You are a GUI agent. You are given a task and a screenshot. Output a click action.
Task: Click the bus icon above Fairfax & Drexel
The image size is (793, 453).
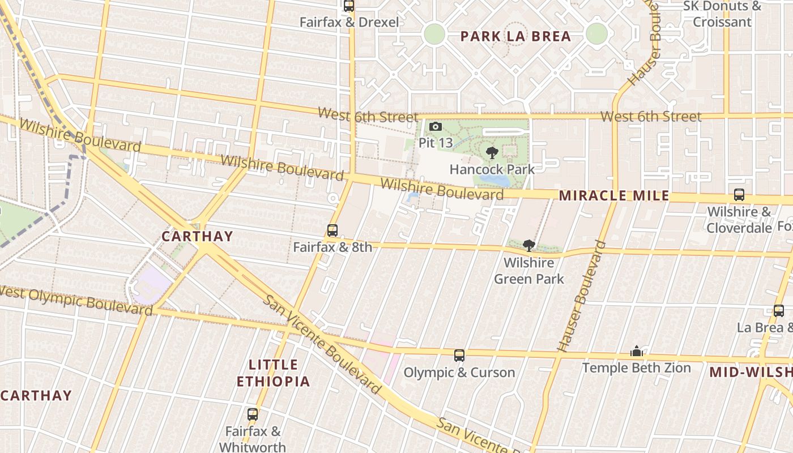[349, 6]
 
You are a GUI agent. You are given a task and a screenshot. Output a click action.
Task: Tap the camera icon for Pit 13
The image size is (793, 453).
[436, 127]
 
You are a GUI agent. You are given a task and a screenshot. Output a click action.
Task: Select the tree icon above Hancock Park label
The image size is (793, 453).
[492, 152]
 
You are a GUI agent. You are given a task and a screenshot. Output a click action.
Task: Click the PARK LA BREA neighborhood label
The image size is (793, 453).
[515, 37]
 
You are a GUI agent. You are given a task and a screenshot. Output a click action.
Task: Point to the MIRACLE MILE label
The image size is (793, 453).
[614, 196]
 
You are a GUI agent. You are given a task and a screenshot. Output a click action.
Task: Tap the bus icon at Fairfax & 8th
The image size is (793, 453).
[332, 230]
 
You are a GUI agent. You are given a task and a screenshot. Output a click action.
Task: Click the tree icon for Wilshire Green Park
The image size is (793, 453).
[529, 245]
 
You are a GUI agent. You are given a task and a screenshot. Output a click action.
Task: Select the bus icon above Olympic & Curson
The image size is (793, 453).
[459, 356]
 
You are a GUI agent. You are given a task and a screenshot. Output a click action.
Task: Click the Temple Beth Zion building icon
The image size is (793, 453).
[637, 352]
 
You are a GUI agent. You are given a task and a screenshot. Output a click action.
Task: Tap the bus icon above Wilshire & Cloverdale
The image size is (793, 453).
[739, 195]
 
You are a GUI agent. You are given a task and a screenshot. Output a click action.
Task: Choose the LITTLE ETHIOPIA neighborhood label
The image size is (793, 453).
[273, 373]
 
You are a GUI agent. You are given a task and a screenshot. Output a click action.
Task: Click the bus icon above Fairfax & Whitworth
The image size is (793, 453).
[253, 414]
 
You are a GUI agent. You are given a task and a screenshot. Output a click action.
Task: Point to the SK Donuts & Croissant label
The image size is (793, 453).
[722, 14]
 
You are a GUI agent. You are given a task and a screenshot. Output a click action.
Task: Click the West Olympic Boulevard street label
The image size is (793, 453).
[76, 301]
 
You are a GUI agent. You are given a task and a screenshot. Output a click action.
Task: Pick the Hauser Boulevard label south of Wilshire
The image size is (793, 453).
[582, 296]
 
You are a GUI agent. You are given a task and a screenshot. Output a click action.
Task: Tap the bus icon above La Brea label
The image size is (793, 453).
[779, 311]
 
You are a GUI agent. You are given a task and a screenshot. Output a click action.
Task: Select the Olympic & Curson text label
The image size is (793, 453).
[459, 373]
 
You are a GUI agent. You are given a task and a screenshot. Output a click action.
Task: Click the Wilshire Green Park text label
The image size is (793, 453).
[529, 271]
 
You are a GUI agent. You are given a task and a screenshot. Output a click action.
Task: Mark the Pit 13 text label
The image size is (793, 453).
[436, 143]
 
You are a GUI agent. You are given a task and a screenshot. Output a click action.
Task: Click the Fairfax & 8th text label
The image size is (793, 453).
[332, 247]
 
